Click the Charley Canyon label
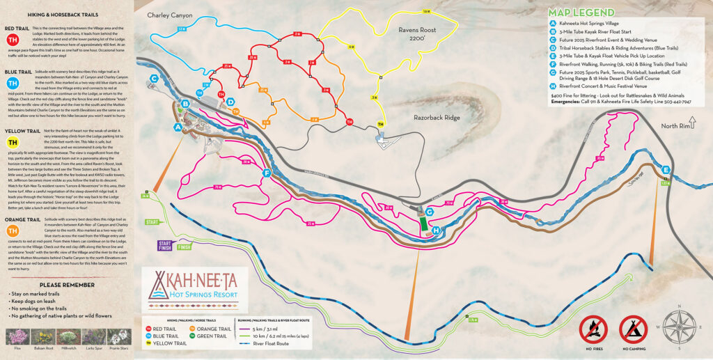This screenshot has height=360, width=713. tap(170, 15)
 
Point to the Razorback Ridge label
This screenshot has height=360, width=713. tap(437, 118)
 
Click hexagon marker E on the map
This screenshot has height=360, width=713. tap(666, 170)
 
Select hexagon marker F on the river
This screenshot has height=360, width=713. tap(267, 173)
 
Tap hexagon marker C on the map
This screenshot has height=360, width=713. tap(154, 78)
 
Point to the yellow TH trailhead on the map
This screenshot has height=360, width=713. tap(380, 124)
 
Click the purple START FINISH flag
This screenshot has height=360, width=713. tap(164, 245)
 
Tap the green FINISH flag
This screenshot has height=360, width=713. tap(184, 246)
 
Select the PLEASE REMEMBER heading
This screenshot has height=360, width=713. tap(67, 285)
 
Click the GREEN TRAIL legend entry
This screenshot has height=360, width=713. tap(213, 336)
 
